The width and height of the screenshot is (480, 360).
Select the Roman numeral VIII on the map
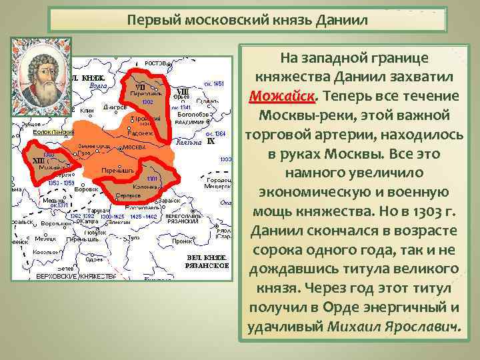(x=181, y=90)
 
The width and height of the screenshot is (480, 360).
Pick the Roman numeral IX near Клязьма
(x=211, y=141)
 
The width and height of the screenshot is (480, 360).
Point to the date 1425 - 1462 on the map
(x=142, y=216)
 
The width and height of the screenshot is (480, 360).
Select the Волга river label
(x=98, y=85)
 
